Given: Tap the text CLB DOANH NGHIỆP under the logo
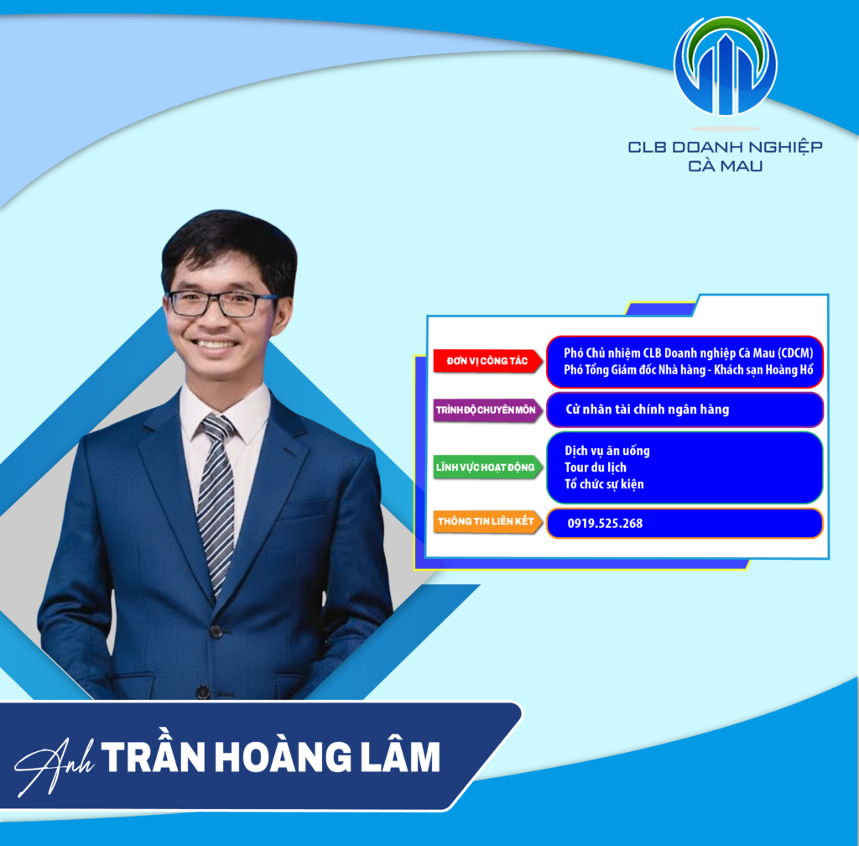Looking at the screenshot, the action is click(x=725, y=148).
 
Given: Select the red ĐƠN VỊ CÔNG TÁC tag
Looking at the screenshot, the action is click(x=487, y=361).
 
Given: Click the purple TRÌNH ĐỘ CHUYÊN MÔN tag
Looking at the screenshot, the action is click(x=487, y=410).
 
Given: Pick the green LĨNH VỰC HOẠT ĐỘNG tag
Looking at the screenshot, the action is click(x=487, y=467).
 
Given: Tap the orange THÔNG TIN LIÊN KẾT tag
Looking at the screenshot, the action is click(x=487, y=521).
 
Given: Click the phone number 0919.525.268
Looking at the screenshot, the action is click(x=605, y=523).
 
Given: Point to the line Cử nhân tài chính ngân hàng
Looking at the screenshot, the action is click(x=647, y=410).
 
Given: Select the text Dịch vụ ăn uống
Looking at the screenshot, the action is click(x=607, y=451).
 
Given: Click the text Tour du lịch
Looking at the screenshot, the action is click(x=595, y=467).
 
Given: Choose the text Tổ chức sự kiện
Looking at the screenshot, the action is click(x=604, y=484).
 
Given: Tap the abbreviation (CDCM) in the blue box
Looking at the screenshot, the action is click(x=795, y=353).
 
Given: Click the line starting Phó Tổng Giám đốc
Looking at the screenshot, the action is click(x=689, y=370).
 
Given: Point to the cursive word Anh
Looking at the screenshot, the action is click(x=54, y=765).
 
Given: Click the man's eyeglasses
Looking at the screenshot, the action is click(x=221, y=304).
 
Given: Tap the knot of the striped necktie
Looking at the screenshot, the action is click(x=217, y=427).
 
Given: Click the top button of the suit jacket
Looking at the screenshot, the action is click(x=216, y=632).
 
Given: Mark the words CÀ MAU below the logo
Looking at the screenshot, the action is click(x=725, y=165).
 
